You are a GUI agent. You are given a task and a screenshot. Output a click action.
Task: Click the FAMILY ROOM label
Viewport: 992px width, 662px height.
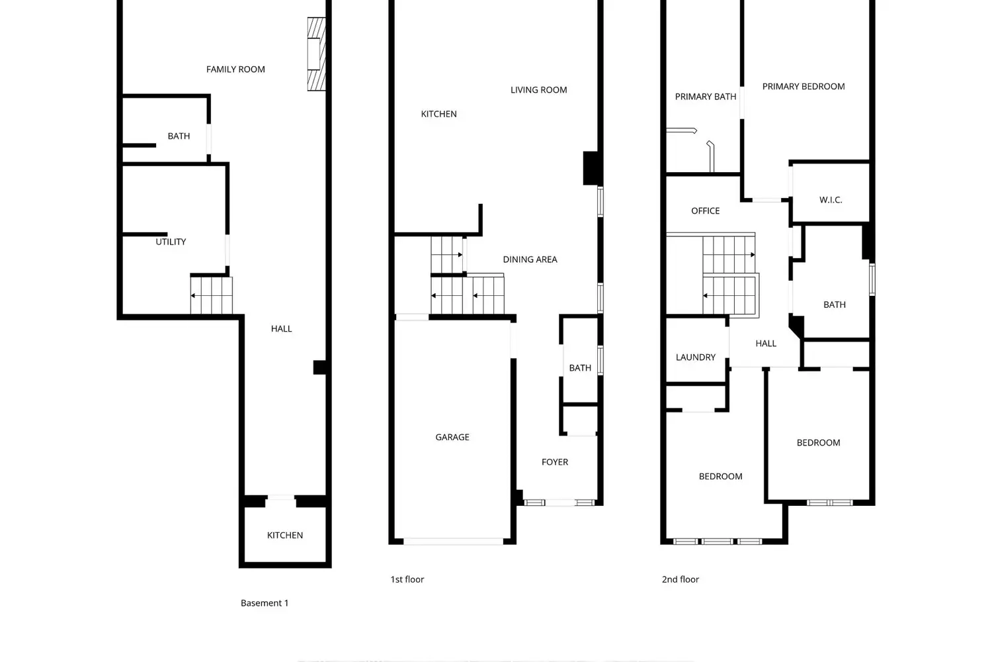pos(235,69)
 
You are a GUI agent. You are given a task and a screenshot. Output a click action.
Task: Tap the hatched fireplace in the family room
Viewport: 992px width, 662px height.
pos(317,54)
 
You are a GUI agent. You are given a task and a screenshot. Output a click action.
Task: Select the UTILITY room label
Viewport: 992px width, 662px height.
pos(171,242)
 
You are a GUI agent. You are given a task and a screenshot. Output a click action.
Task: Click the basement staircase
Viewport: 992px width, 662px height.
pos(211,295)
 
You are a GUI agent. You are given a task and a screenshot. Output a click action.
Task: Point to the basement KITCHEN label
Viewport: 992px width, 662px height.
pos(285,535)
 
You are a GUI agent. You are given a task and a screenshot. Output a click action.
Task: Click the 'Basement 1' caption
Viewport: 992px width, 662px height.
pos(265,603)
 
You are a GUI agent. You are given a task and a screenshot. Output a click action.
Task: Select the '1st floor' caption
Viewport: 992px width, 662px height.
pos(407,579)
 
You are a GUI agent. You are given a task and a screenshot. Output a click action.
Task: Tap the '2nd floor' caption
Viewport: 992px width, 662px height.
pos(681,579)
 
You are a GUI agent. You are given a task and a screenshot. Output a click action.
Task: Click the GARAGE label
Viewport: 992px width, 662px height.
pos(452,437)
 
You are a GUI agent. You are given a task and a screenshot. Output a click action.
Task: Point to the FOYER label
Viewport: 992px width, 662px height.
pos(555,462)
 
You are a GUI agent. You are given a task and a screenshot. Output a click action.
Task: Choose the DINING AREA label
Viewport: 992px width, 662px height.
pos(530,260)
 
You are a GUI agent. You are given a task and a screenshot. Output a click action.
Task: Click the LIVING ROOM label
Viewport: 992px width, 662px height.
pos(538,90)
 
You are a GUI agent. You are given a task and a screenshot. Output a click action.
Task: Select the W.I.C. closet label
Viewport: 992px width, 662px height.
pos(831,200)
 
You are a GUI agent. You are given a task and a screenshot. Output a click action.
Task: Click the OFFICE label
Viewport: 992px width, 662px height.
pos(706,211)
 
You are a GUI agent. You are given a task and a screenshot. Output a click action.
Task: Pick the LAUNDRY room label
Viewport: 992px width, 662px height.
pos(695,357)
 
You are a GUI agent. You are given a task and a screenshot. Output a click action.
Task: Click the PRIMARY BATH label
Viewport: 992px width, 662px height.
pos(706,97)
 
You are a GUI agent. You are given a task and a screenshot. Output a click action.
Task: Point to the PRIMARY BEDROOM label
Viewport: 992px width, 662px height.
pos(804,87)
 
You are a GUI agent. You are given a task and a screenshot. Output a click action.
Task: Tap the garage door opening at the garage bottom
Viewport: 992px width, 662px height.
pos(453,542)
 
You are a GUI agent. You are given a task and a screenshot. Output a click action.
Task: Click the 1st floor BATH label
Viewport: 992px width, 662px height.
pos(580,368)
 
